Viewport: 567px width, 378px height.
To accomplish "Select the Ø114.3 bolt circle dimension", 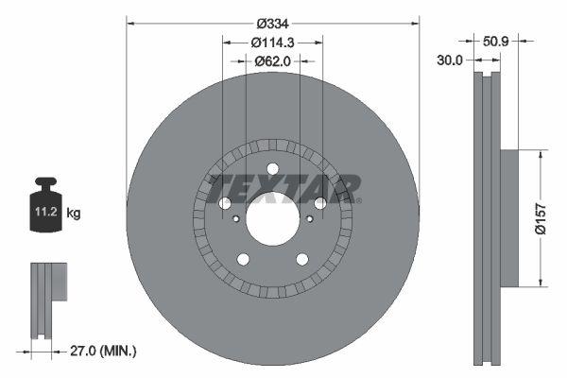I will (272, 42).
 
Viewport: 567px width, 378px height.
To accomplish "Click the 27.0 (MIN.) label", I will (104, 351).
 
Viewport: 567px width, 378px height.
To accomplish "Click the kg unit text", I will (74, 215).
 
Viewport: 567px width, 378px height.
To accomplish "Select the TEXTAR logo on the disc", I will (283, 187).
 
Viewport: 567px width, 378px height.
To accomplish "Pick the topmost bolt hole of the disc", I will (272, 169).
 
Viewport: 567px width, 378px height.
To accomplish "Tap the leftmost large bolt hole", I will (225, 203).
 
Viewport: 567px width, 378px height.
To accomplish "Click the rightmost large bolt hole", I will (319, 203).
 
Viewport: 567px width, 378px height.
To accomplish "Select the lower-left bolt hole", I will (243, 259).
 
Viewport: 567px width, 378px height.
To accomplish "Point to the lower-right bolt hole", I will (301, 259).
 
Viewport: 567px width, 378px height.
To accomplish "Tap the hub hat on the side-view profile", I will (507, 216).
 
